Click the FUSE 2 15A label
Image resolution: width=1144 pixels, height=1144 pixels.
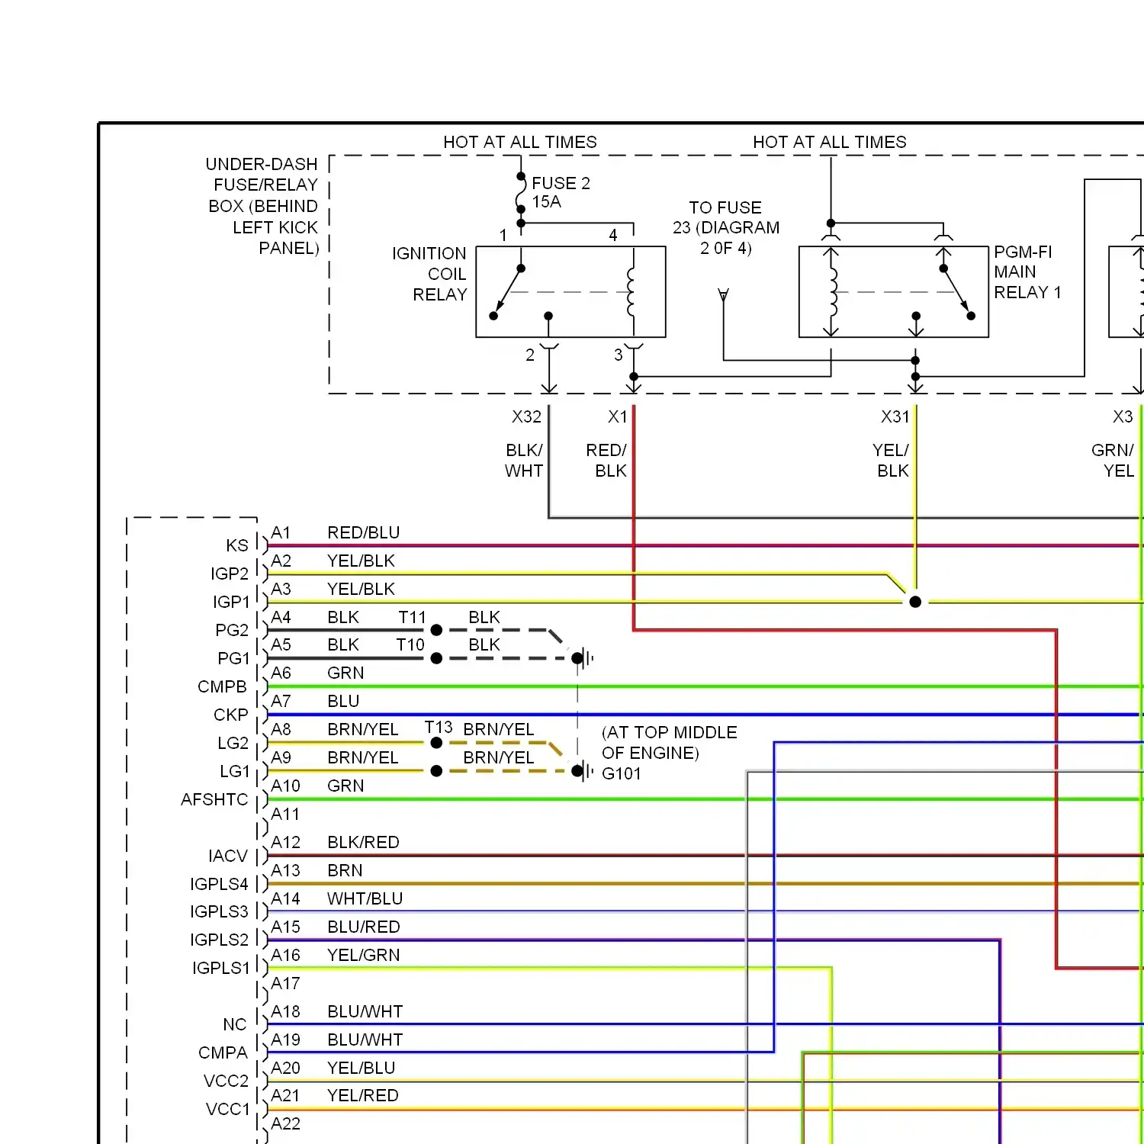pyautogui.click(x=561, y=192)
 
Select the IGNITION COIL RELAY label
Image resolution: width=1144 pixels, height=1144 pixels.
pyautogui.click(x=430, y=274)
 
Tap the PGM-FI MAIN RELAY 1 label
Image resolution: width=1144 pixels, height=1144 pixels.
pyautogui.click(x=1027, y=272)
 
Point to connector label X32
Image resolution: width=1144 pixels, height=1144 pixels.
pyautogui.click(x=526, y=417)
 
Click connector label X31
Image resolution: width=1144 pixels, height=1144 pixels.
pyautogui.click(x=895, y=417)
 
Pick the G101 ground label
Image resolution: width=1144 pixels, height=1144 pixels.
pyautogui.click(x=622, y=774)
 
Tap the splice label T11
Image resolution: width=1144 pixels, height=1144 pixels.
pyautogui.click(x=412, y=617)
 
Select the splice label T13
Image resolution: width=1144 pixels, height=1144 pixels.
pyautogui.click(x=439, y=728)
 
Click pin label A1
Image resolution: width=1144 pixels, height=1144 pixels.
pyautogui.click(x=281, y=532)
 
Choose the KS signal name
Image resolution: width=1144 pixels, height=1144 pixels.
pyautogui.click(x=237, y=545)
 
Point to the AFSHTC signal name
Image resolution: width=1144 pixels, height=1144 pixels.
pyautogui.click(x=214, y=799)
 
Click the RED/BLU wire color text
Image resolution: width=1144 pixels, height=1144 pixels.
pyautogui.click(x=363, y=532)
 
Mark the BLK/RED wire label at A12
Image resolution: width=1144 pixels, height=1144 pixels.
pyautogui.click(x=363, y=842)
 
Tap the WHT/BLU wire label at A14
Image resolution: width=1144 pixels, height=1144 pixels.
pyautogui.click(x=365, y=898)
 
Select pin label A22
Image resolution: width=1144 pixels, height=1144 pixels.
pyautogui.click(x=285, y=1123)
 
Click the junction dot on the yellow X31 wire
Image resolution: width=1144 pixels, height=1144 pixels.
pyautogui.click(x=915, y=602)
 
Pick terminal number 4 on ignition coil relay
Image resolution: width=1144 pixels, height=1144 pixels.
pyautogui.click(x=613, y=235)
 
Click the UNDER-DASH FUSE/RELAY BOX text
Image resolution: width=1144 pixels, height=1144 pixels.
pyautogui.click(x=263, y=206)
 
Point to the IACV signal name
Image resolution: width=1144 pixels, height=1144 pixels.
pyautogui.click(x=228, y=856)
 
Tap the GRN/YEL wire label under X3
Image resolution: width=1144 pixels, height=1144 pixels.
pyautogui.click(x=1113, y=460)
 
